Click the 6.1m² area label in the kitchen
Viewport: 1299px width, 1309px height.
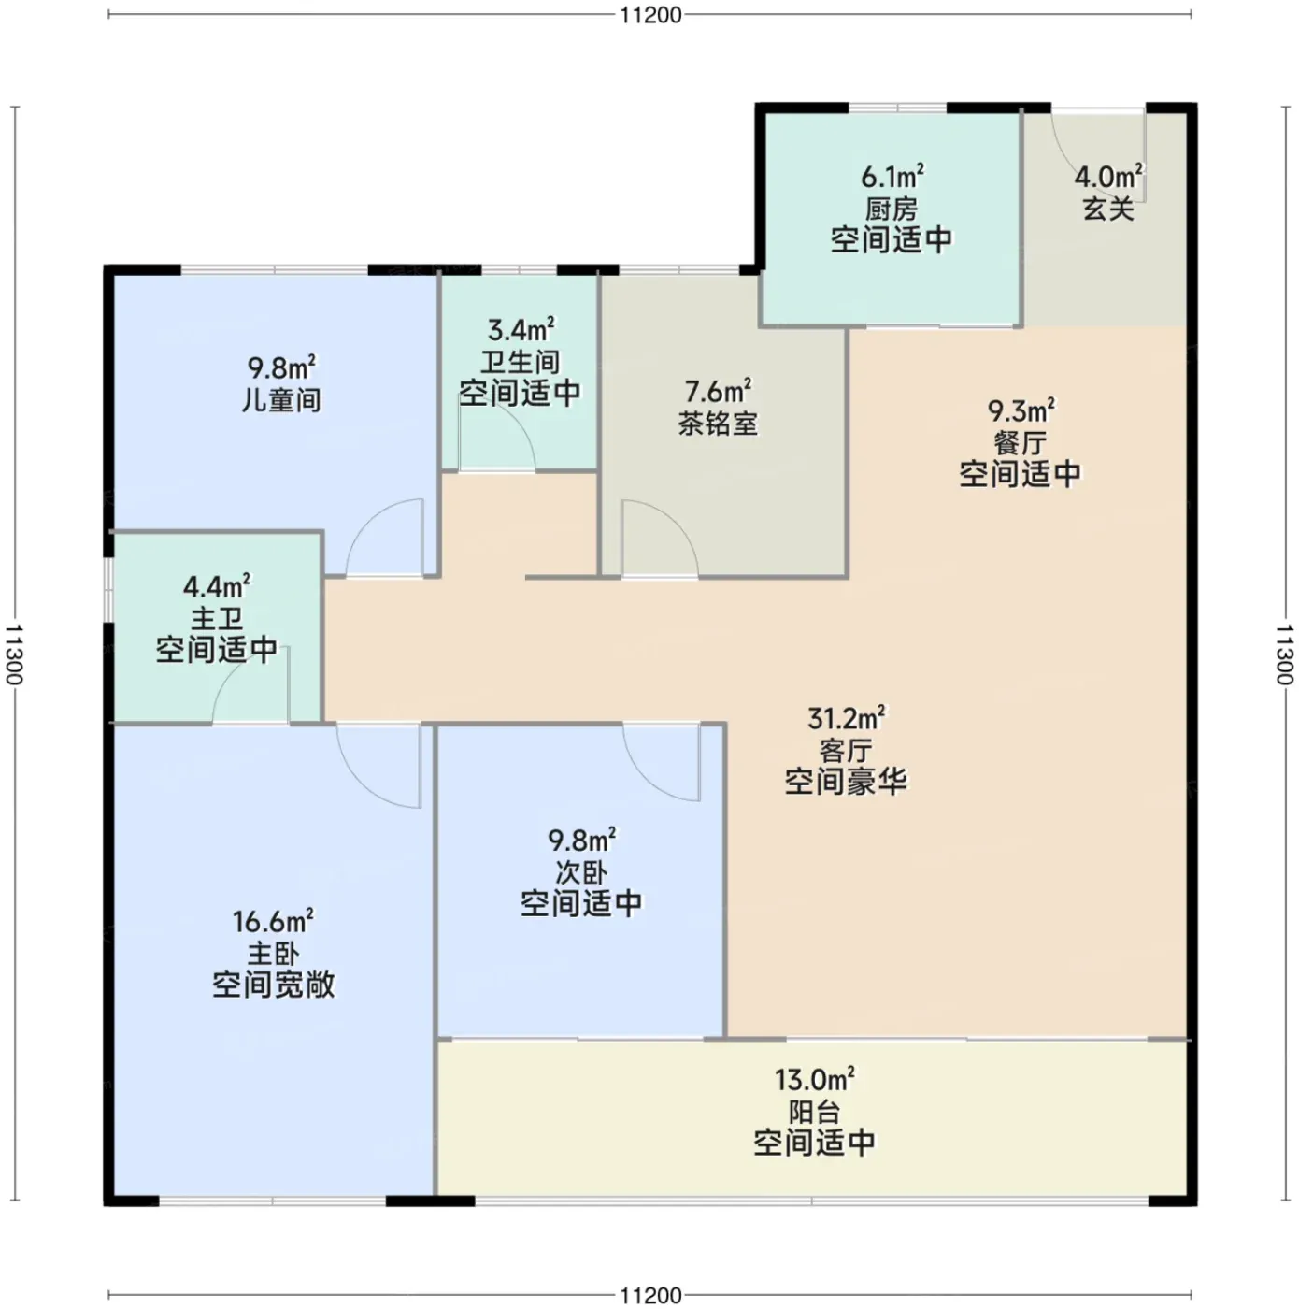pyautogui.click(x=892, y=177)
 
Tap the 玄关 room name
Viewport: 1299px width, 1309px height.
pyautogui.click(x=1108, y=209)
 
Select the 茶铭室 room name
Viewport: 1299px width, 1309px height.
pyautogui.click(x=717, y=424)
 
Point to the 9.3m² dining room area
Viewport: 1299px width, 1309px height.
pyautogui.click(x=1021, y=410)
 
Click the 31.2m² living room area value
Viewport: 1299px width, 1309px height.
pyautogui.click(x=846, y=718)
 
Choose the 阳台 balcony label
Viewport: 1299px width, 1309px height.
pyautogui.click(x=814, y=1112)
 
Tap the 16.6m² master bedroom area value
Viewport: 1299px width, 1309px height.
pyautogui.click(x=273, y=922)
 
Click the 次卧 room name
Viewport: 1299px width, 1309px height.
pyautogui.click(x=581, y=872)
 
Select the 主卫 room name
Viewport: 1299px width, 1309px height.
pyautogui.click(x=217, y=619)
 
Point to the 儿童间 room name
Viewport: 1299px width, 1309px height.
pyautogui.click(x=281, y=400)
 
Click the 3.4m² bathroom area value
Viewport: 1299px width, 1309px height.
pyautogui.click(x=521, y=330)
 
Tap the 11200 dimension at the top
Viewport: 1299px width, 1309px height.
pyautogui.click(x=649, y=15)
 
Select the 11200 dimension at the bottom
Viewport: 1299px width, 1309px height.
pyautogui.click(x=649, y=1295)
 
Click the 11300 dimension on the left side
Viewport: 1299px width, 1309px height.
pyautogui.click(x=15, y=654)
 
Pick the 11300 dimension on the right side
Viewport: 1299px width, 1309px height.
pyautogui.click(x=1284, y=654)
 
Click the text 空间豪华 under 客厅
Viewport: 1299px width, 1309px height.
pyautogui.click(x=846, y=781)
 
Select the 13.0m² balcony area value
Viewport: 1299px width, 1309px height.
pyautogui.click(x=814, y=1079)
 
